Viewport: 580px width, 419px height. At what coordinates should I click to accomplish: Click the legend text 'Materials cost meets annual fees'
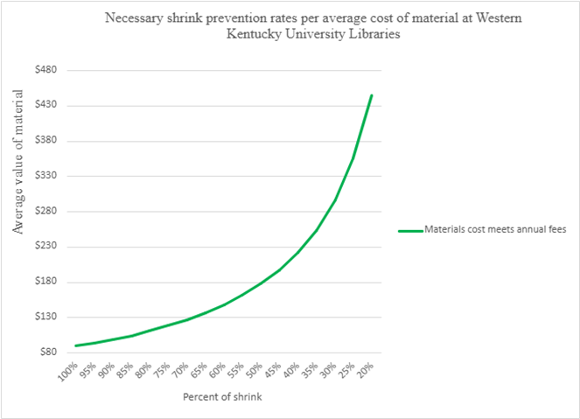pyautogui.click(x=496, y=230)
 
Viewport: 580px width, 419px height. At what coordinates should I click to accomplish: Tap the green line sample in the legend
pyautogui.click(x=409, y=230)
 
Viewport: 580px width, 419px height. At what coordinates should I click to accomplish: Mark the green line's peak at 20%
pyautogui.click(x=373, y=94)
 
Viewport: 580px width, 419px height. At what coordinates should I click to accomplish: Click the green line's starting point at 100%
pyautogui.click(x=76, y=346)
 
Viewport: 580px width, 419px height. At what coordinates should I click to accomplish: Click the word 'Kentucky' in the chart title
pyautogui.click(x=221, y=34)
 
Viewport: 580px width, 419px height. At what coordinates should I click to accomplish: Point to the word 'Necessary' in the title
pyautogui.click(x=136, y=17)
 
